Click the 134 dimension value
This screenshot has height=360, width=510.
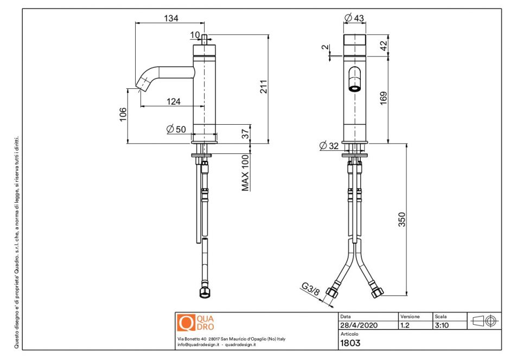tap(171, 18)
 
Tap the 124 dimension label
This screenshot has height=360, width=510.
tap(174, 101)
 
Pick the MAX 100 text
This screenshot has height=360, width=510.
tap(245, 173)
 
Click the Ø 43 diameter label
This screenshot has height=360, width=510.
tap(354, 18)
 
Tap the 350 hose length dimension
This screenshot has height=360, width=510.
tap(401, 219)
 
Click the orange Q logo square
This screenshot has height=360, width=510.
tap(186, 323)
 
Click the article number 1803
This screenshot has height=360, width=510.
tap(350, 343)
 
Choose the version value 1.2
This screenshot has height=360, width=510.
tap(405, 325)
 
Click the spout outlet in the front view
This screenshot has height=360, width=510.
tap(354, 87)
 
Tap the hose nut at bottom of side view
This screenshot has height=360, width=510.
tap(205, 293)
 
